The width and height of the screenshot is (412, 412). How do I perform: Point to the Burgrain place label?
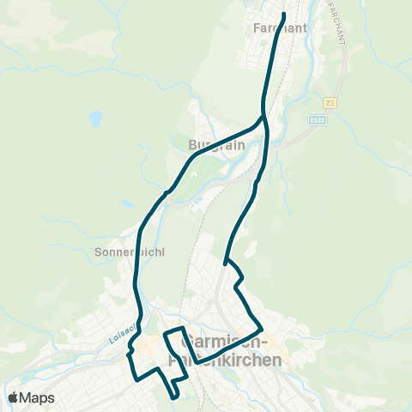tap(216, 145)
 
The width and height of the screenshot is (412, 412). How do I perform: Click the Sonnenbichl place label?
tap(129, 253)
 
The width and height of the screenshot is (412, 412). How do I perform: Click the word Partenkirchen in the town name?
tap(227, 360)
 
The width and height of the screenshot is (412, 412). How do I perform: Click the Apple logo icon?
tap(13, 397)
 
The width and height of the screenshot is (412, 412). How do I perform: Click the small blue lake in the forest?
tap(95, 118)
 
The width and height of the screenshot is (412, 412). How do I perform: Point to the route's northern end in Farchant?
tap(283, 14)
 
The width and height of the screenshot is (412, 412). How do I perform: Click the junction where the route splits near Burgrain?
tap(263, 116)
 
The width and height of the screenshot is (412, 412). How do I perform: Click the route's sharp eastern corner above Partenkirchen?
tap(261, 328)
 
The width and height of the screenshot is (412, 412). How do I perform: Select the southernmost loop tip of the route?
tap(174, 396)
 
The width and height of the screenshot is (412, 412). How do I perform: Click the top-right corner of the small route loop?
tap(183, 329)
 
